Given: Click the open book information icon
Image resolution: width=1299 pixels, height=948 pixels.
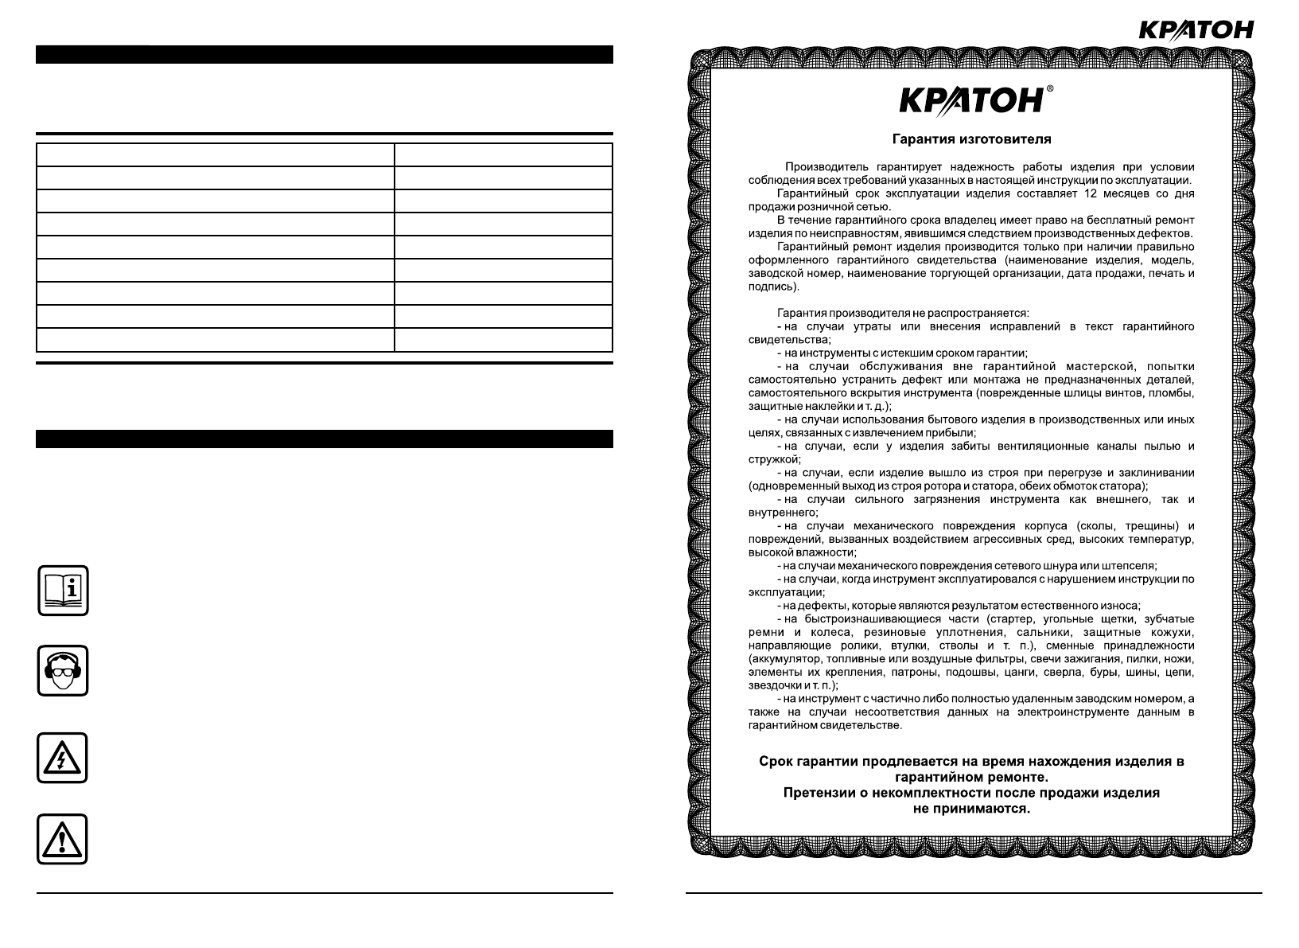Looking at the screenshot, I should click(63, 590).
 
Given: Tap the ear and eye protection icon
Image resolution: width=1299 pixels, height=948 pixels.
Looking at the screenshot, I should click(63, 670).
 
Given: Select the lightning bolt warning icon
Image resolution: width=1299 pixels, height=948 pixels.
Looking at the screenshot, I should click(63, 758).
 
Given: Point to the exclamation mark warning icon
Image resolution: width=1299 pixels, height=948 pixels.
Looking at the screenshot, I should click(63, 838).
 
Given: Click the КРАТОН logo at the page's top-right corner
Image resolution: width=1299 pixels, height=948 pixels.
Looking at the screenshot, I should click(1196, 30).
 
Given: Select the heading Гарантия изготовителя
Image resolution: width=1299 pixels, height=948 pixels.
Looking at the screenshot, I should click(971, 139).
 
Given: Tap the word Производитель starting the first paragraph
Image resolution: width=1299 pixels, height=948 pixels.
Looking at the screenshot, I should click(823, 167).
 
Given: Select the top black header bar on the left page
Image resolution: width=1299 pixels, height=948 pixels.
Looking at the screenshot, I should click(325, 54).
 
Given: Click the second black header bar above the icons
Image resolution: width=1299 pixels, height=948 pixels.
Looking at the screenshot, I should click(325, 439).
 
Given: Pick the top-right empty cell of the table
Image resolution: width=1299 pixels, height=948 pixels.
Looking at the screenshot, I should click(504, 154).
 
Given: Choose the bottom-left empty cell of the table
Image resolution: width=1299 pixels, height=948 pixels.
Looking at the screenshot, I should click(216, 340).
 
